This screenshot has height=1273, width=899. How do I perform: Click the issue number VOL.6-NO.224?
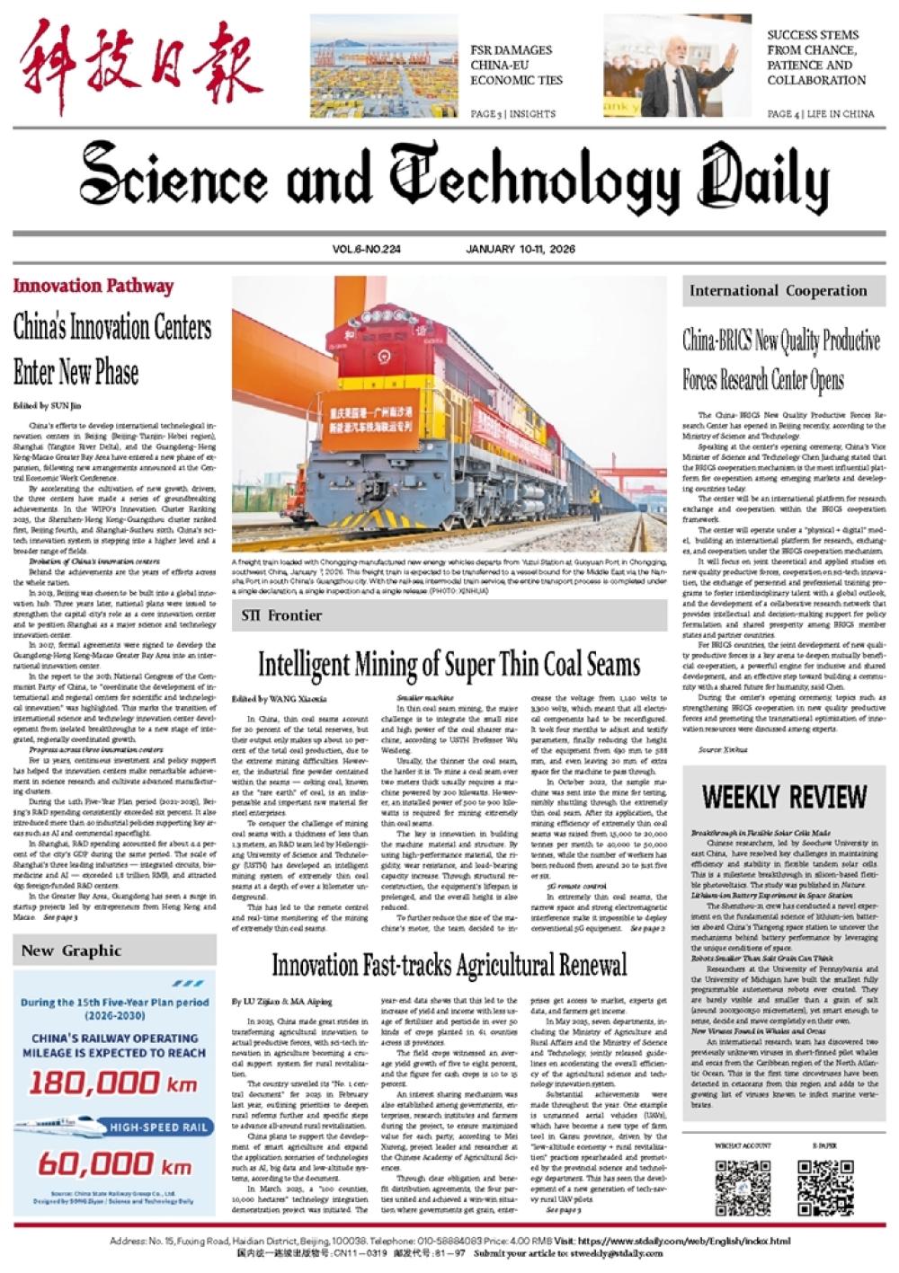coord(366,249)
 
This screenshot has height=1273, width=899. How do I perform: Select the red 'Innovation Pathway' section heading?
coord(93,287)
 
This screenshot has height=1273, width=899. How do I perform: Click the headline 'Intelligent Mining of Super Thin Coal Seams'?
coord(449,665)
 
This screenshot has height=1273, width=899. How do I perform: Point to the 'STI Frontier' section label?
coord(281,615)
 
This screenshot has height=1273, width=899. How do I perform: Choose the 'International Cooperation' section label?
coord(778,291)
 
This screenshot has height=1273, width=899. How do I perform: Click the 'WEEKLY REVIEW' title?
coord(784,797)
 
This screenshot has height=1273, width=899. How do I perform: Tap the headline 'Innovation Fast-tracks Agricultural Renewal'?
coord(449,966)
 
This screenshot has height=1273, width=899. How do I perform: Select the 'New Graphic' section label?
coord(71,950)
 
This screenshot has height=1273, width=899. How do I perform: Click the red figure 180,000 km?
coord(112,1083)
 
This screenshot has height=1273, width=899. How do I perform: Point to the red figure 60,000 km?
coord(114,1165)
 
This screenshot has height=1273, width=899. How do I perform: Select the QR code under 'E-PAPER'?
coord(824,1189)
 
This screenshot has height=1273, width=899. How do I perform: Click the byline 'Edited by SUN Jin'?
coord(47,405)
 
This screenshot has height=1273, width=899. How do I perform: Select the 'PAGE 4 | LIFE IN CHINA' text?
coord(820,114)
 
